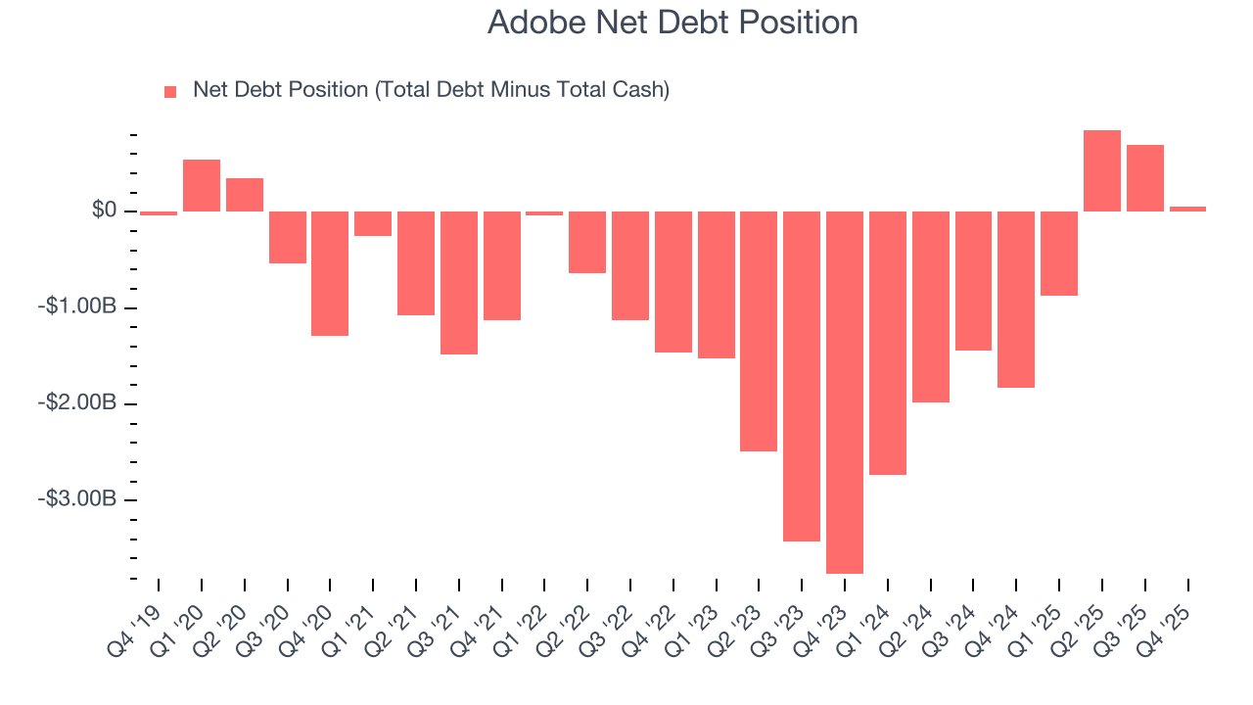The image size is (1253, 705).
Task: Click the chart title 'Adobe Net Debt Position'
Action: [673, 23]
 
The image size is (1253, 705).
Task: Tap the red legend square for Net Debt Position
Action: [170, 91]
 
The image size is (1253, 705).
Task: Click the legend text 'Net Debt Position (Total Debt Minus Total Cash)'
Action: [431, 90]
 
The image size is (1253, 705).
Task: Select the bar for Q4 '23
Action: [845, 392]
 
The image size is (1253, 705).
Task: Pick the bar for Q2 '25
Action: [1102, 170]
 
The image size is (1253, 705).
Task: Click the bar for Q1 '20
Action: [202, 185]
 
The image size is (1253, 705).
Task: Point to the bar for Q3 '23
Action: [802, 376]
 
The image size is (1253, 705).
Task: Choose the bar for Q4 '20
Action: [330, 273]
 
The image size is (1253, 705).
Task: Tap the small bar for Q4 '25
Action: [1187, 209]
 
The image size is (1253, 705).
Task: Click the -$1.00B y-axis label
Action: [77, 307]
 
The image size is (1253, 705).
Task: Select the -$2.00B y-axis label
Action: [77, 403]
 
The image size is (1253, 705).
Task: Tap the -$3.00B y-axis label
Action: [77, 499]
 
